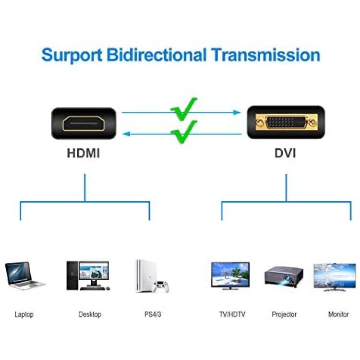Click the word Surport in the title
(72, 55)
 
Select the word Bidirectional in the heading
(156, 55)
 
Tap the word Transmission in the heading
(266, 55)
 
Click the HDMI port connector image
(84, 123)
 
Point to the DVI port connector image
(286, 122)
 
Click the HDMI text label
(84, 153)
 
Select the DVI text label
(286, 153)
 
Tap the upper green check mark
(184, 109)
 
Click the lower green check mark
(184, 132)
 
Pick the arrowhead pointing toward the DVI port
(237, 112)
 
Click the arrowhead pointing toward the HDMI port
(127, 134)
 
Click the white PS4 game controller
(161, 287)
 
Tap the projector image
(284, 276)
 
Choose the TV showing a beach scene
(230, 276)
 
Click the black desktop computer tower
(72, 276)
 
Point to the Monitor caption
(338, 314)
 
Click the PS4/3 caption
(153, 314)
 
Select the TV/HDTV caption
(232, 314)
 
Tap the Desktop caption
(90, 314)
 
